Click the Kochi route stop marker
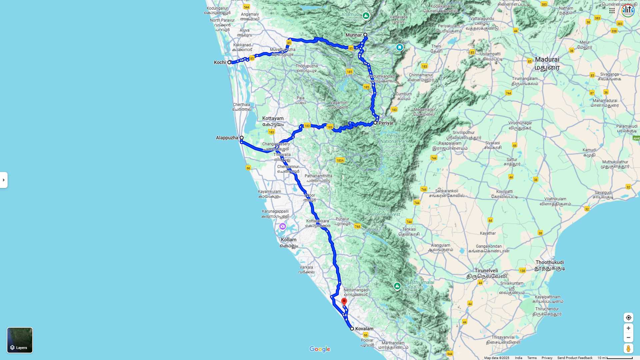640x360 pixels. (229, 62)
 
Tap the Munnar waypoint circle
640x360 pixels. (365, 35)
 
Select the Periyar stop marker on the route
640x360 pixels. (375, 123)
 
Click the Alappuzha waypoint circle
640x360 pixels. (242, 138)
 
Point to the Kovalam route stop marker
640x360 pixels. (352, 329)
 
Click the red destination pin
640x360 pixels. (344, 302)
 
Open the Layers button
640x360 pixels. (20, 340)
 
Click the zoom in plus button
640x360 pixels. (628, 328)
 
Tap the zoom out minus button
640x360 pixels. (628, 338)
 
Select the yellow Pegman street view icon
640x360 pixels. (628, 349)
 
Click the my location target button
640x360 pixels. (628, 318)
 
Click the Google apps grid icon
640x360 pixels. (612, 11)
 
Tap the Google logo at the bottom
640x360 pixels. (320, 349)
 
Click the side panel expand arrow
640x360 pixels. (4, 180)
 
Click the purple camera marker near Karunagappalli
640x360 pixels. (283, 227)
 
